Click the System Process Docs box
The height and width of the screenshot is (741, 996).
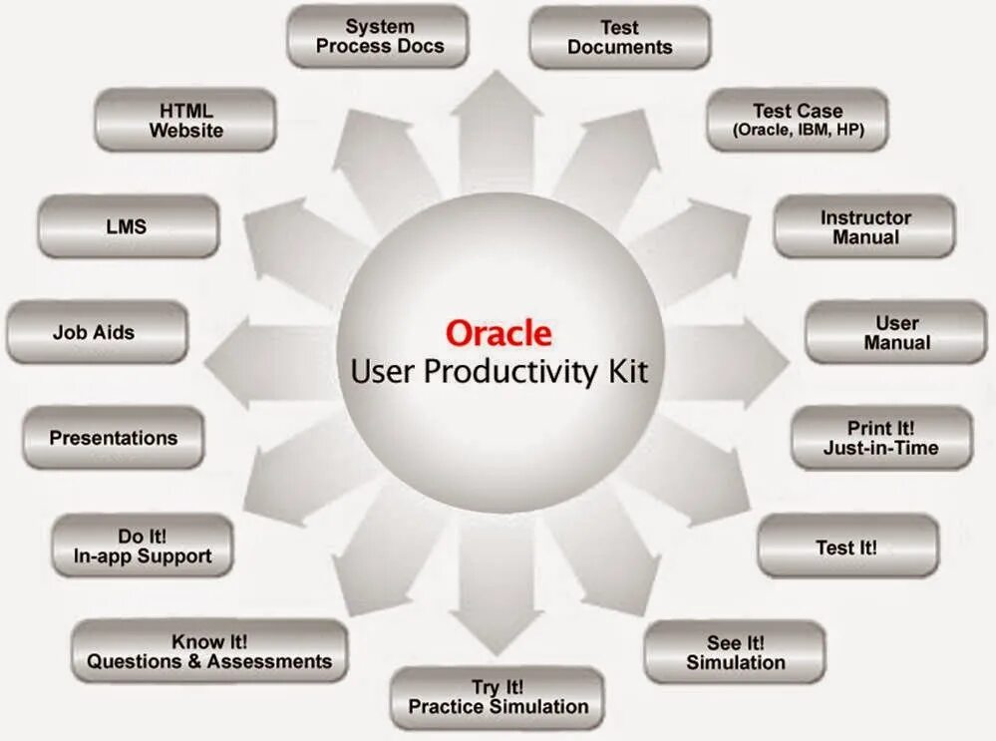point(378,37)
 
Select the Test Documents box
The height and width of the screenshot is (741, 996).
point(619,38)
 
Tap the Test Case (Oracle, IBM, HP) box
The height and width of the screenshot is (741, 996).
point(797,120)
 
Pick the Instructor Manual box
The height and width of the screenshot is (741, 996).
point(864,227)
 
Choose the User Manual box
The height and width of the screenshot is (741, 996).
point(895,332)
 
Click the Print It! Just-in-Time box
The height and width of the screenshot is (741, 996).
point(880,438)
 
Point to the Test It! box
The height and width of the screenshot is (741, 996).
point(846,547)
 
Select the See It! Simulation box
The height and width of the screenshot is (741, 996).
point(735,652)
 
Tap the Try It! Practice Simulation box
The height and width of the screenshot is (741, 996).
point(498,697)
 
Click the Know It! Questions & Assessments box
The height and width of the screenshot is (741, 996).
point(209,651)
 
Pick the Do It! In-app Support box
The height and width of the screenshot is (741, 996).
point(143,547)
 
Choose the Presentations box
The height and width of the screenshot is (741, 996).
point(113,438)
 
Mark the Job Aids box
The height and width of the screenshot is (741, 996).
point(95,332)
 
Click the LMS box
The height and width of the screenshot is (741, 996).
point(127,226)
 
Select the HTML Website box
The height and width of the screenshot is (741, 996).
point(185,120)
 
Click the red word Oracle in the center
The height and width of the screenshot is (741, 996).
point(498,332)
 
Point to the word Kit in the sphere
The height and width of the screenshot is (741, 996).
point(628,372)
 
